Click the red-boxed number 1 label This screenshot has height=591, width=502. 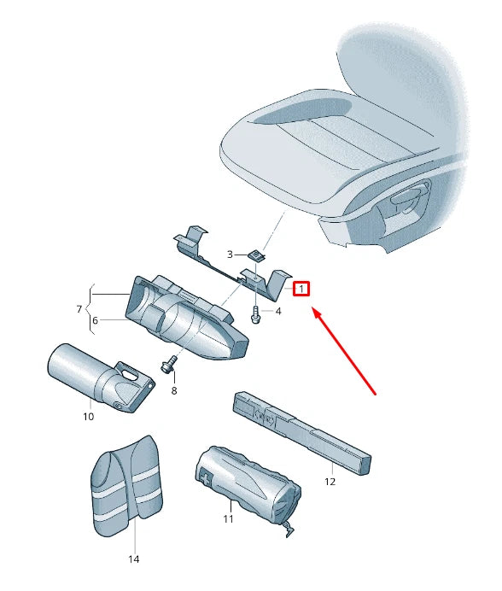[x=301, y=289]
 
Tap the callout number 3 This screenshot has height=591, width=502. [x=230, y=255]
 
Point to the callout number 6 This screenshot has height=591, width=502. [x=96, y=320]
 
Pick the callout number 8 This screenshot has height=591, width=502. [x=173, y=390]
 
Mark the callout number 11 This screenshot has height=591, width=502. [x=228, y=518]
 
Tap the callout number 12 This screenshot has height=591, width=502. [x=330, y=482]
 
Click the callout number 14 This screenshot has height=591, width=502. [x=132, y=559]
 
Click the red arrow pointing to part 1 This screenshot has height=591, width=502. [x=345, y=350]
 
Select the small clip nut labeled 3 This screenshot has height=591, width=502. [x=256, y=255]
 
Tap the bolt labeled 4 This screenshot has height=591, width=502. [x=255, y=314]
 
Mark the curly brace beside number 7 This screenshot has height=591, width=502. [x=89, y=307]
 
